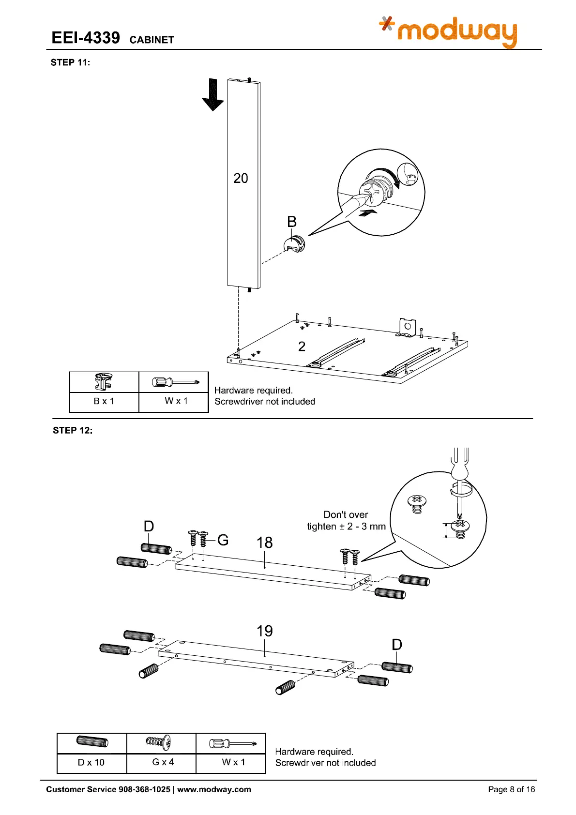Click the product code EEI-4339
coord(86,38)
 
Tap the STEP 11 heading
coord(70,62)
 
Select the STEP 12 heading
coord(72,430)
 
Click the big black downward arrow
coord(212,95)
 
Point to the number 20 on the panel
coord(241,179)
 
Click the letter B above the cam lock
coord(291,222)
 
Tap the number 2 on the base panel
coord(302,347)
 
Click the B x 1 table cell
coord(104,401)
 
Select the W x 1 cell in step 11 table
coord(176,401)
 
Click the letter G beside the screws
coord(223,540)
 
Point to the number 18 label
coord(264,543)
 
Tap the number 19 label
coord(264,631)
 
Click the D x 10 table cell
coord(91,762)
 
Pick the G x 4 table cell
coord(163,762)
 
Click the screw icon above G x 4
coord(159,742)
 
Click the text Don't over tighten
coord(346,520)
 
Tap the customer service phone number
coord(144,789)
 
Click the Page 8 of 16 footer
coord(511,789)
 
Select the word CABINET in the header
coord(152,40)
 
